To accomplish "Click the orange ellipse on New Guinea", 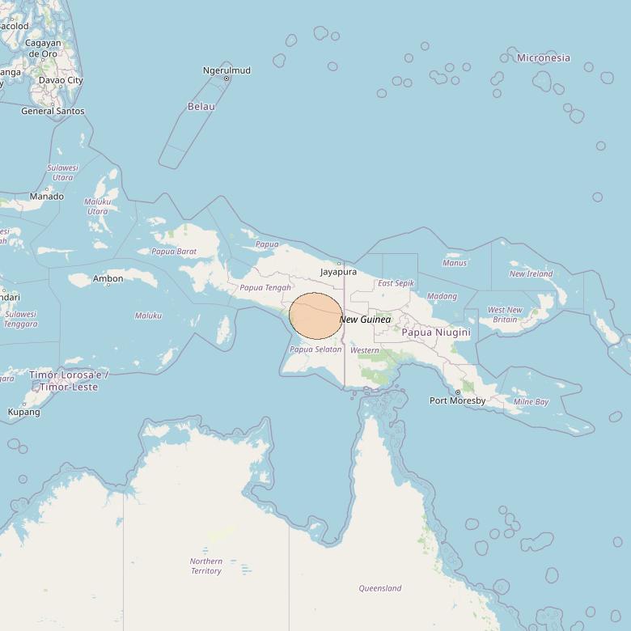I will click(x=315, y=316).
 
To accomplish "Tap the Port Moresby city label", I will click(x=457, y=400).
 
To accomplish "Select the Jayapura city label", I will click(x=338, y=272).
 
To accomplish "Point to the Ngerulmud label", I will click(x=227, y=70).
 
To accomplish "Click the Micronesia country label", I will click(x=543, y=57).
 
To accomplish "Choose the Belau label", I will click(x=201, y=106).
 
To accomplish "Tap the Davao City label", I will click(x=61, y=80).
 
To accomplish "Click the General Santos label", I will click(x=53, y=111).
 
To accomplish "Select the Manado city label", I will click(x=46, y=197).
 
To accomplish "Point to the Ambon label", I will click(x=108, y=278).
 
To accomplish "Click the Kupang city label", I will click(x=23, y=412).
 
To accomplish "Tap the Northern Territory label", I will click(x=206, y=565).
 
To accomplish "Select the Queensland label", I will click(x=380, y=588).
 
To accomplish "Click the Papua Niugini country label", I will click(x=436, y=332).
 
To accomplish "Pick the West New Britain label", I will click(x=505, y=315).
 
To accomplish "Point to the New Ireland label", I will click(x=531, y=273).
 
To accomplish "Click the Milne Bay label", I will click(x=531, y=401).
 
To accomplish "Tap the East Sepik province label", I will click(x=396, y=283).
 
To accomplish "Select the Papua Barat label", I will click(x=174, y=252).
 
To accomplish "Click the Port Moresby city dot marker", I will click(x=458, y=392).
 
